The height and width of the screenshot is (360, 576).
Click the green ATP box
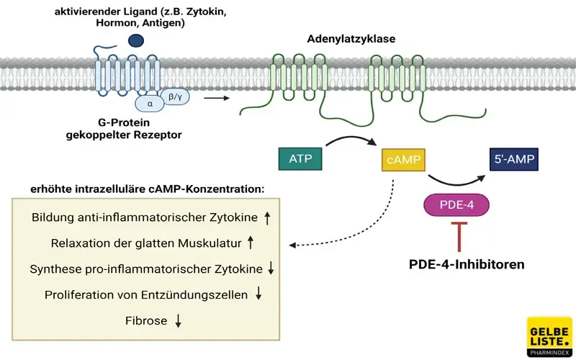click(300, 157)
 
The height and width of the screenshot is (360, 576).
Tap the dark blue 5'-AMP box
click(514, 157)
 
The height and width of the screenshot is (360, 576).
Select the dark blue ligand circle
click(135, 42)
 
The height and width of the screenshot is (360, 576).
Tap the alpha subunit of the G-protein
click(150, 103)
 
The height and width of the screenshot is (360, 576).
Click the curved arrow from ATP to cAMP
click(351, 139)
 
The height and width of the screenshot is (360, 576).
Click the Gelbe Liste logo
click(549, 336)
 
